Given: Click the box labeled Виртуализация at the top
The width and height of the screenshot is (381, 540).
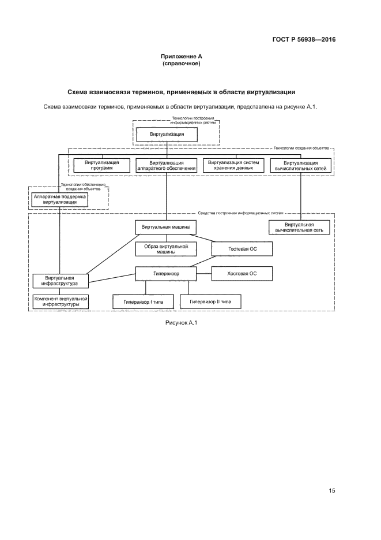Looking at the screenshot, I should tap(167, 134).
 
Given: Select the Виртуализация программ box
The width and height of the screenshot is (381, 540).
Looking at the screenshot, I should tap(102, 165).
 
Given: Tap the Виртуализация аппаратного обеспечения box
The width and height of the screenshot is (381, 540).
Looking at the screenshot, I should tap(167, 165).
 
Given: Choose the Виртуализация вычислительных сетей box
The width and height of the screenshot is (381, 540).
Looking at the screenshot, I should tap(301, 165).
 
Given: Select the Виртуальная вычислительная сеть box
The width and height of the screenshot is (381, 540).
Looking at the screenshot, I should tap(299, 227).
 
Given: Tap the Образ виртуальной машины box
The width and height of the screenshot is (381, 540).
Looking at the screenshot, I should tap(167, 249).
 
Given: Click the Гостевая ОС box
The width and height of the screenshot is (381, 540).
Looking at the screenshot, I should tap(242, 249).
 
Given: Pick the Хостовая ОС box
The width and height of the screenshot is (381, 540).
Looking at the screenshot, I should tap(242, 273).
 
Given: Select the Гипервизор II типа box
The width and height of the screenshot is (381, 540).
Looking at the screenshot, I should tap(210, 301).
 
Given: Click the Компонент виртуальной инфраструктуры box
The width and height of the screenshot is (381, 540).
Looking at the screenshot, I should tap(60, 301).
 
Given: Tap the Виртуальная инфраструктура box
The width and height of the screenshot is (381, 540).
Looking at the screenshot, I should tap(60, 281).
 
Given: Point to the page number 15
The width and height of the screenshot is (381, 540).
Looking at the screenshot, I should tap(331, 491).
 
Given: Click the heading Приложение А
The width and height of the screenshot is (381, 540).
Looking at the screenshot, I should tap(181, 57).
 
